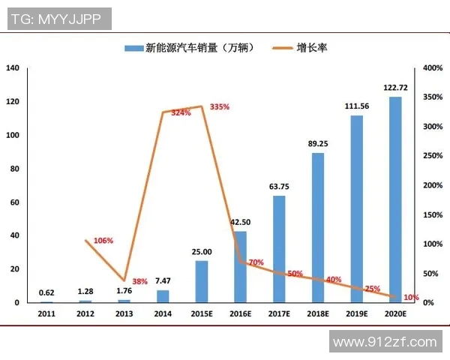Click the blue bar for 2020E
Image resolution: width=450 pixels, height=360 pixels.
(395, 199)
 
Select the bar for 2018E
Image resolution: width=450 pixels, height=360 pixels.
(318, 227)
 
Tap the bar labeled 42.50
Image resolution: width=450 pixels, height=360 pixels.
(240, 266)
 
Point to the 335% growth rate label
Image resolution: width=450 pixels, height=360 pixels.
(220, 107)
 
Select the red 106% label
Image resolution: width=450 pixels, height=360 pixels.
(103, 241)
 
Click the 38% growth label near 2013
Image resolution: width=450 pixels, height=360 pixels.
(139, 281)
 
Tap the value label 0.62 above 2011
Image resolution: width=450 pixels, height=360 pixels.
(46, 293)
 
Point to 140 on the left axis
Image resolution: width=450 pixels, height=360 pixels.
(13, 68)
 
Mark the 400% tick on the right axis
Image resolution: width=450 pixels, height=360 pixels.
(433, 68)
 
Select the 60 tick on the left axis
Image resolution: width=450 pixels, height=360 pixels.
(15, 202)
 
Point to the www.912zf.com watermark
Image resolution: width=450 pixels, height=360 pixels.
(385, 342)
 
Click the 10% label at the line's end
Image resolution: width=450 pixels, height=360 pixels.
(411, 298)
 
